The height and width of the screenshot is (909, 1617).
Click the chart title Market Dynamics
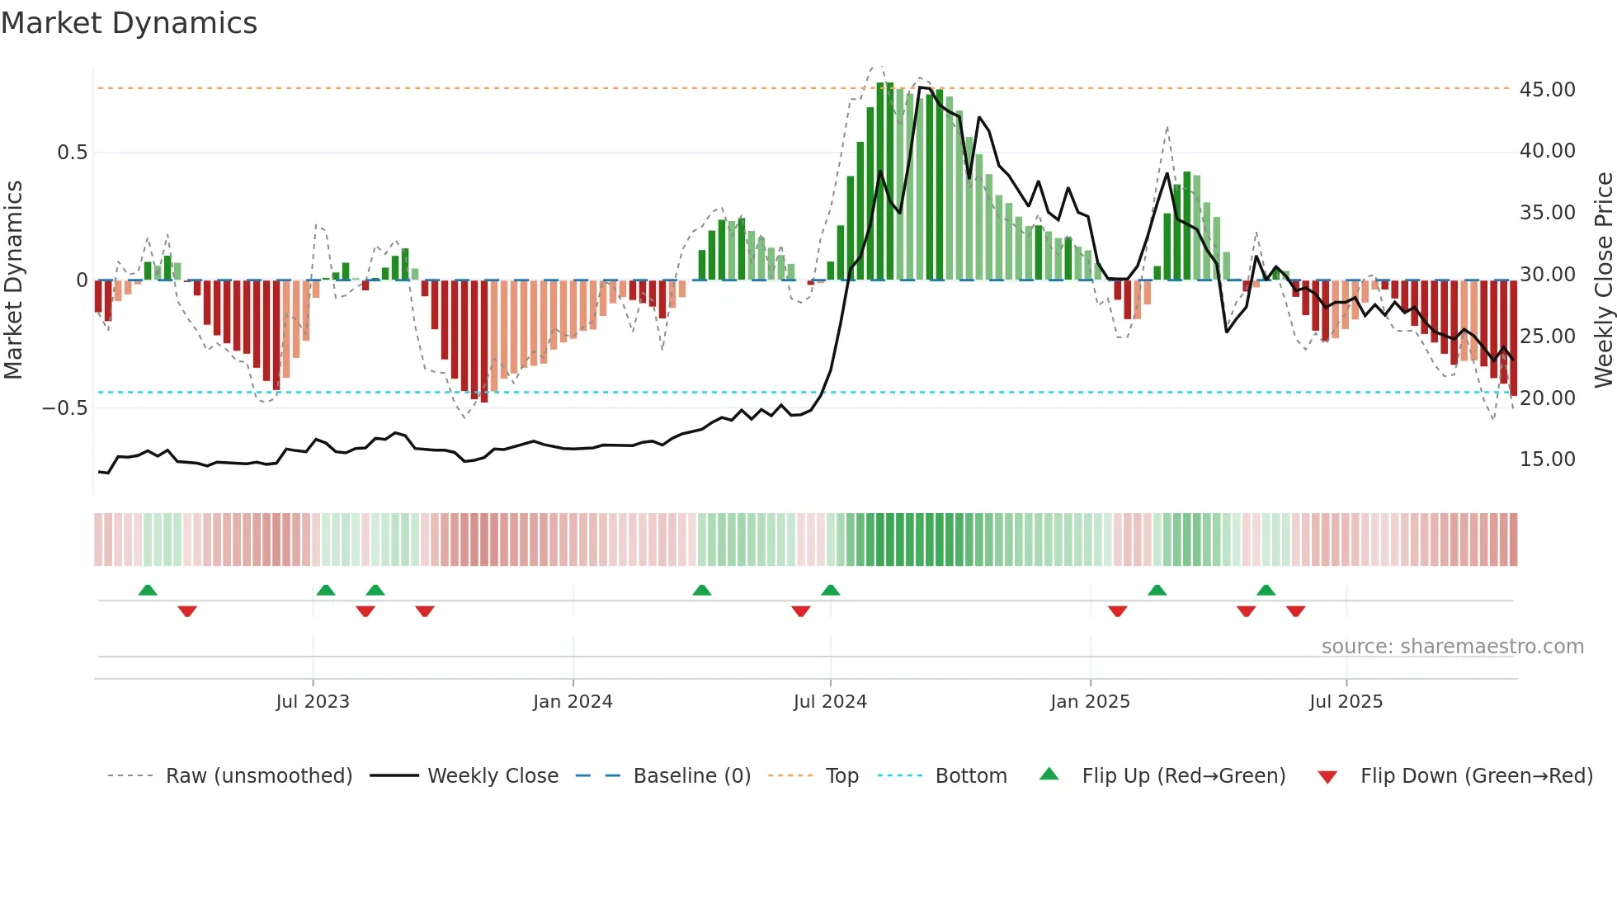pyautogui.click(x=129, y=23)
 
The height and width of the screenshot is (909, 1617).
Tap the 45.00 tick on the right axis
pyautogui.click(x=1547, y=89)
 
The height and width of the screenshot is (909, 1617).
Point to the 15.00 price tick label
pyautogui.click(x=1547, y=459)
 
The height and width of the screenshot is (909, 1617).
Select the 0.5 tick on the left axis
pyautogui.click(x=72, y=153)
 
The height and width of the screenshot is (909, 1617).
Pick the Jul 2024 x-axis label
pyautogui.click(x=830, y=702)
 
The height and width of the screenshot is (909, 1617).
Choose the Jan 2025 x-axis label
pyautogui.click(x=1090, y=702)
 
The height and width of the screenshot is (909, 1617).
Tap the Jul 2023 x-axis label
pyautogui.click(x=313, y=702)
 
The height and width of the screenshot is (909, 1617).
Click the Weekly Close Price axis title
pyautogui.click(x=1603, y=280)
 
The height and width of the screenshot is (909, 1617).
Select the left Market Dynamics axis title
pyautogui.click(x=13, y=280)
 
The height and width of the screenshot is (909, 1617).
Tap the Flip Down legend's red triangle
pyautogui.click(x=1327, y=777)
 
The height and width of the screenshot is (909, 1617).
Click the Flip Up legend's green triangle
pyautogui.click(x=1049, y=774)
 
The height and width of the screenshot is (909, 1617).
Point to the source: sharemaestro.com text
pyautogui.click(x=1452, y=647)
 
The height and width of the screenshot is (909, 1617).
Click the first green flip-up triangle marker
pyautogui.click(x=148, y=591)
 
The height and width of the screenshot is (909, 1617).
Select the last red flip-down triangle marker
pyautogui.click(x=1295, y=611)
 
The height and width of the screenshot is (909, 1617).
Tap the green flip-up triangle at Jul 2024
pyautogui.click(x=831, y=591)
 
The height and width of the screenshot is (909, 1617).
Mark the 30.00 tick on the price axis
pyautogui.click(x=1547, y=275)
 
